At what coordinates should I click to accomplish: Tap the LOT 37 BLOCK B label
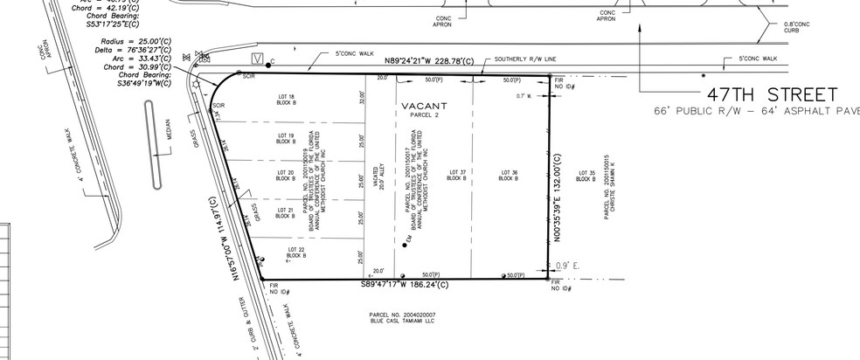click(x=454, y=176)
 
